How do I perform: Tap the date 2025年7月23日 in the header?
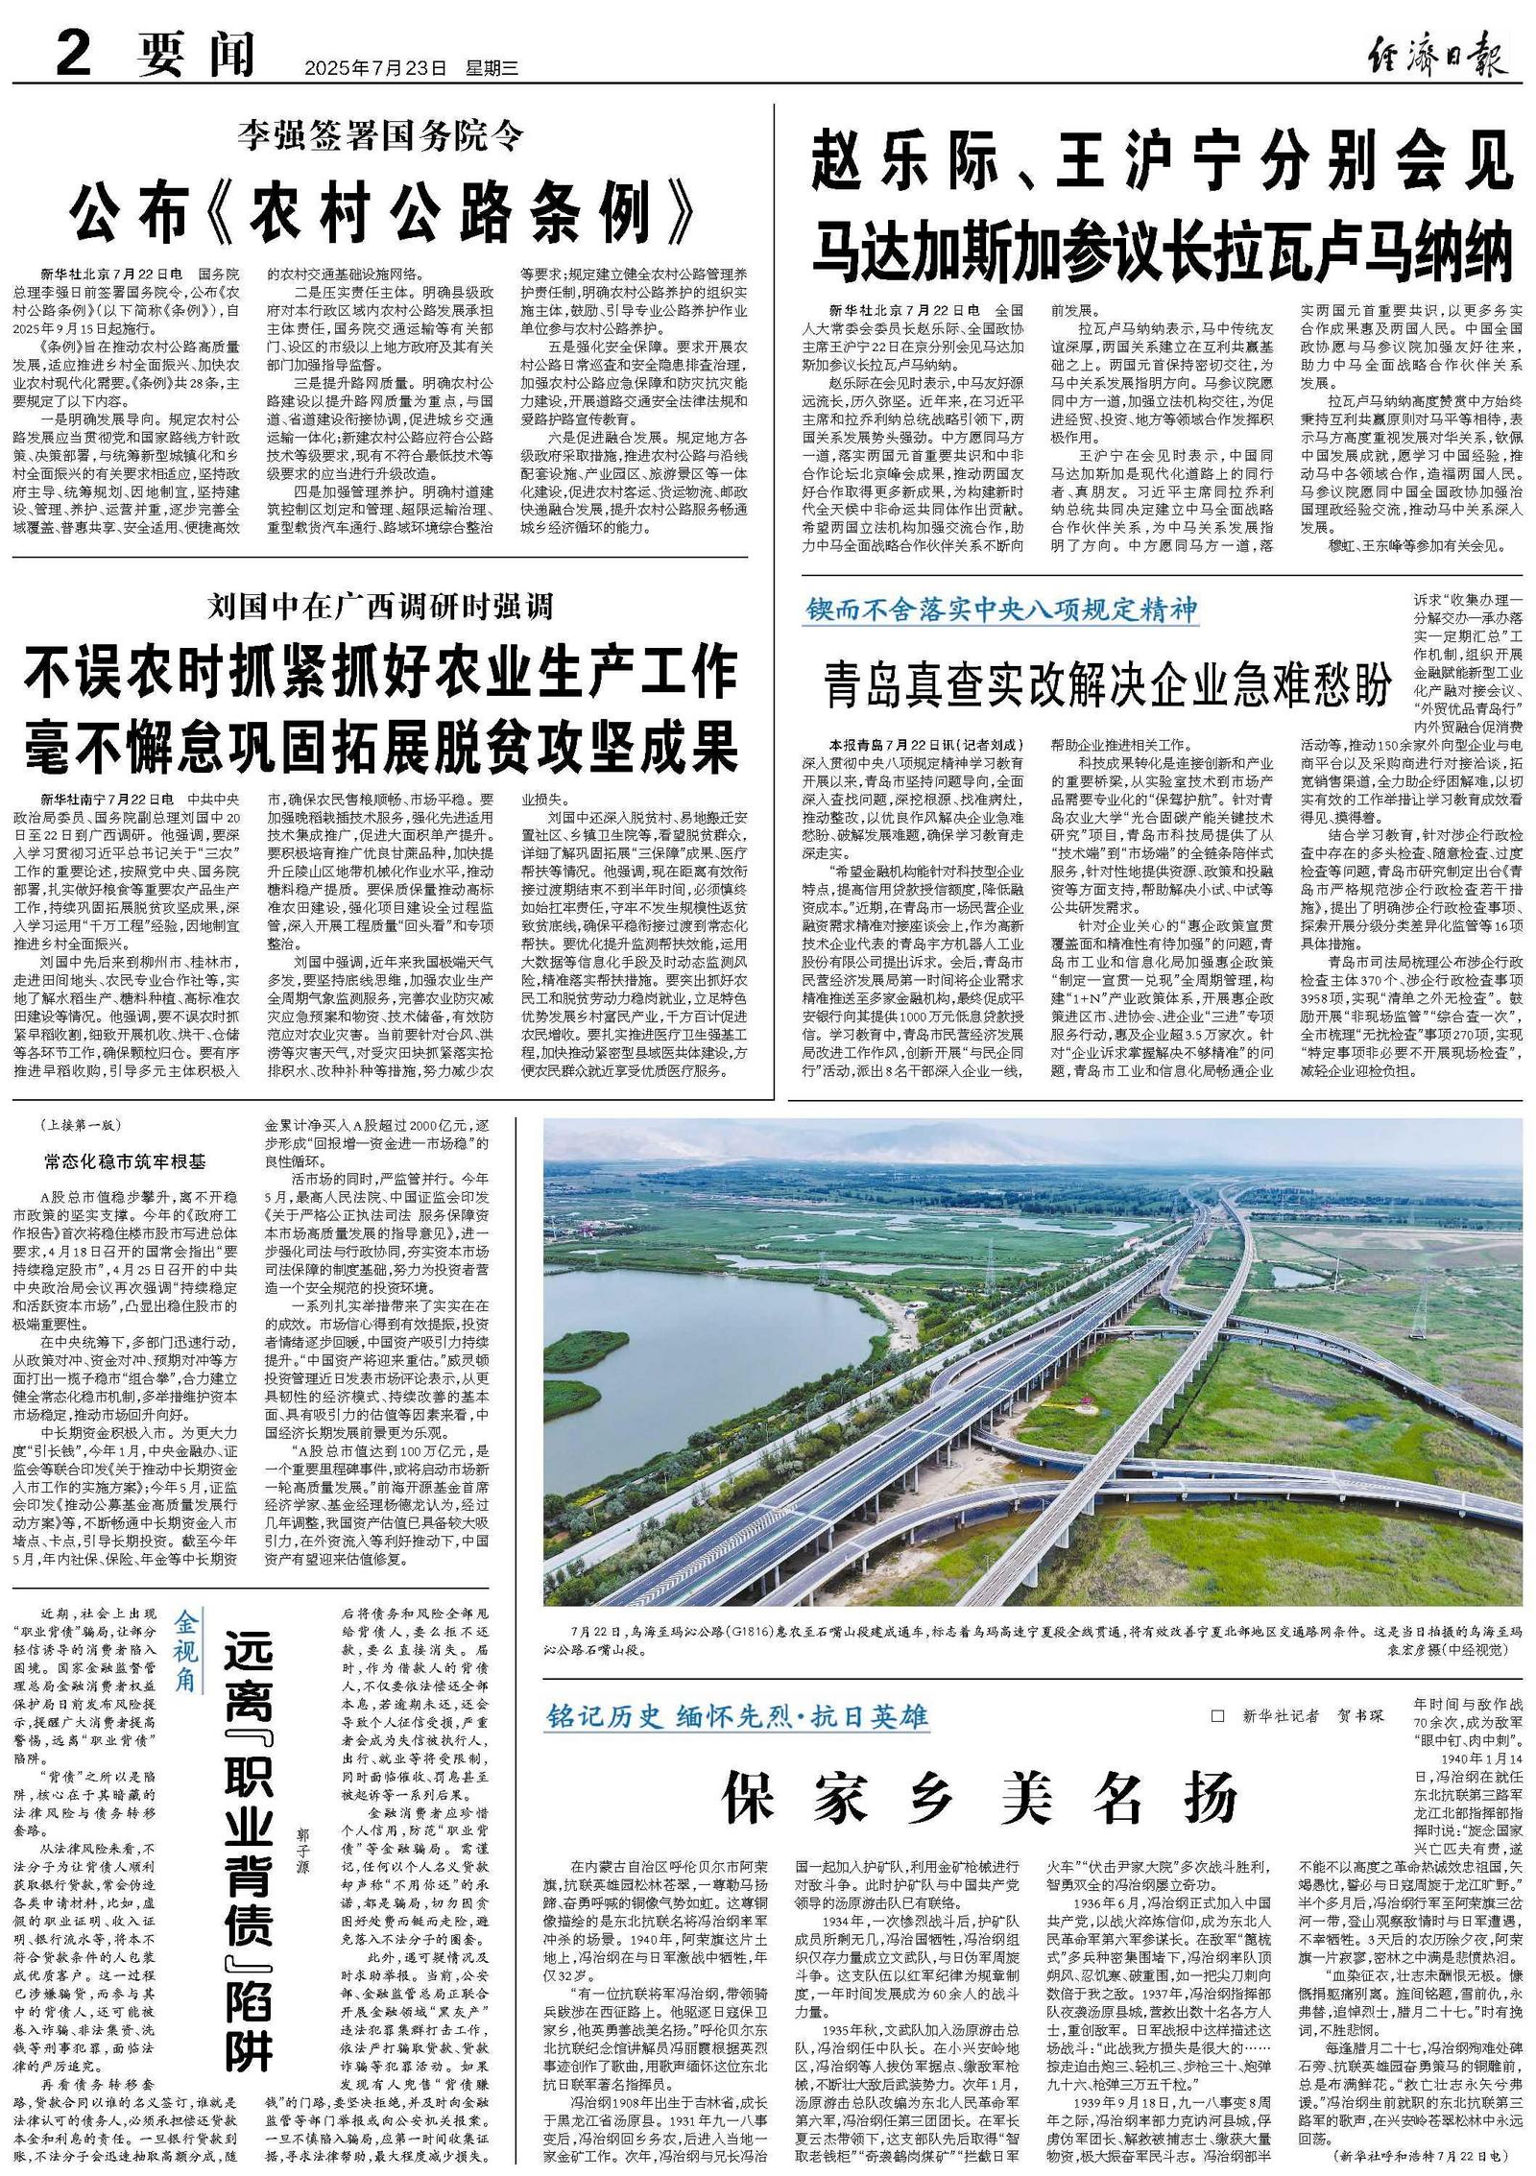[x=375, y=68]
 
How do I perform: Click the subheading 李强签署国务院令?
[x=381, y=137]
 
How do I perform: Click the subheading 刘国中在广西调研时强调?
[x=381, y=607]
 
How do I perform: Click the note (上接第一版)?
[x=83, y=1126]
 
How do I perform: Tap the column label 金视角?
[x=185, y=1650]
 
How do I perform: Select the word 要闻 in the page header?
[x=197, y=55]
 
